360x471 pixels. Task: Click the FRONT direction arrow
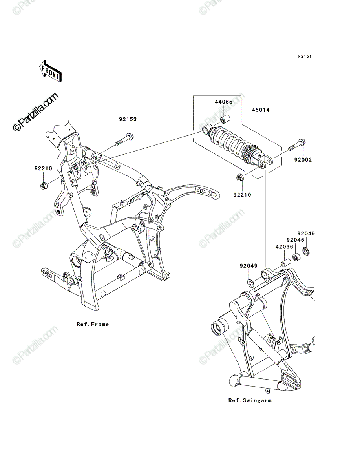50,71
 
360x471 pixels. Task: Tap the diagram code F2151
305,57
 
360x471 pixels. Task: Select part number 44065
223,102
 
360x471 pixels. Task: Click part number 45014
260,110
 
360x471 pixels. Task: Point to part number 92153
128,119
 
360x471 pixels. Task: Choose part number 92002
303,160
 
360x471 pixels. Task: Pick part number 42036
284,247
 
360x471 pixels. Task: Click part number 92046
296,240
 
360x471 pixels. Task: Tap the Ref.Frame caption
93,324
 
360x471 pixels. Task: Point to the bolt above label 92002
297,145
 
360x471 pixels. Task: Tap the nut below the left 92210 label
44,185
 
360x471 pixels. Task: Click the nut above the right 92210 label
239,178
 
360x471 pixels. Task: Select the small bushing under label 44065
225,120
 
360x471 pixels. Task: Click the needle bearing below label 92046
297,257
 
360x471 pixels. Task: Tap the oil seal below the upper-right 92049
306,251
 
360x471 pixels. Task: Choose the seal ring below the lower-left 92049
250,283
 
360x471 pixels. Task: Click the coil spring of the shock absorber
230,141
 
